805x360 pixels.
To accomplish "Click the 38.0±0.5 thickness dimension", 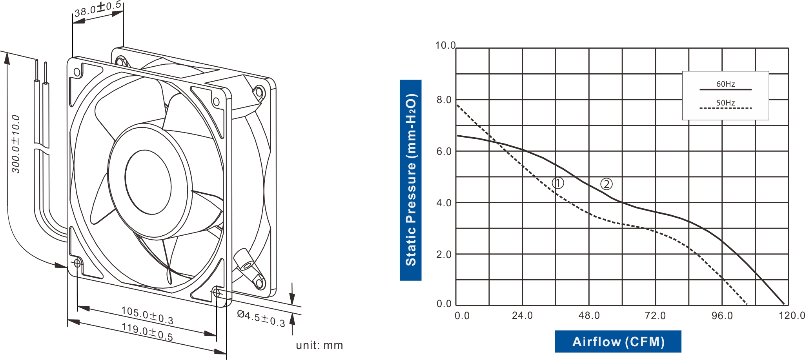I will [x=98, y=9].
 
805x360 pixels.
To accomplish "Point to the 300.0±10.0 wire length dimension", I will [x=16, y=144].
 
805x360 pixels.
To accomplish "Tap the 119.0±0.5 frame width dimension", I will [x=147, y=332].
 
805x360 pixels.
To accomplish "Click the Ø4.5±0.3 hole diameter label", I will [x=261, y=318].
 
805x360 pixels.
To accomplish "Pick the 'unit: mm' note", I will [x=319, y=345].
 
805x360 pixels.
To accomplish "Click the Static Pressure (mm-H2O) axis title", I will [x=410, y=180].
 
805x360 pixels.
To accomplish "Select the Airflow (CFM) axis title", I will [x=618, y=342].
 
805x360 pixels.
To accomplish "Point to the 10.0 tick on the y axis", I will [x=445, y=45].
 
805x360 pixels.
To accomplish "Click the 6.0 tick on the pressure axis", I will [x=444, y=151].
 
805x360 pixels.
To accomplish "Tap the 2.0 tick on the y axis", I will [x=444, y=255].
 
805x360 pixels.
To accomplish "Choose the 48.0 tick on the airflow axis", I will [x=589, y=316].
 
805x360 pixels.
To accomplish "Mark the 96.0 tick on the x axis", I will [x=722, y=316].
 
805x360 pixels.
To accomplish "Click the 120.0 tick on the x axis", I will [x=792, y=316].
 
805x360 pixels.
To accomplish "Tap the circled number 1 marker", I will [x=558, y=183].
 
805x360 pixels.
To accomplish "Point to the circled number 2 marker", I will [x=606, y=184].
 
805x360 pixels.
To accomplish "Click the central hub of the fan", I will [x=148, y=182].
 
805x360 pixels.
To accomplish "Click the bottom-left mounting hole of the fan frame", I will [x=77, y=263].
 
